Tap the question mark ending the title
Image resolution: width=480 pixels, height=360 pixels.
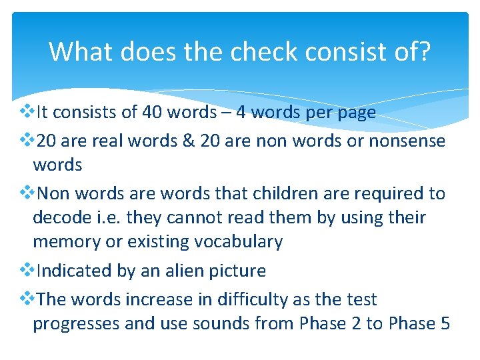tap(425, 51)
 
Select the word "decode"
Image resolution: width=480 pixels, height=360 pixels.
tap(62, 217)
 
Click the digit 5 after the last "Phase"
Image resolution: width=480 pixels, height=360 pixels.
tap(445, 323)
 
